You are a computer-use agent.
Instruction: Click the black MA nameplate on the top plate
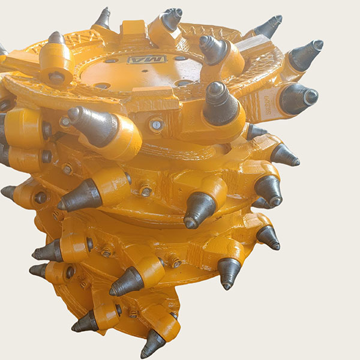[x=147, y=59]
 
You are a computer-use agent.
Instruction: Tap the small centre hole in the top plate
[x=145, y=71]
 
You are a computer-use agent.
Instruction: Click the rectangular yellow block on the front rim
[x=155, y=98]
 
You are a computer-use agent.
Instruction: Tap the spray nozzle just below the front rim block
[x=156, y=125]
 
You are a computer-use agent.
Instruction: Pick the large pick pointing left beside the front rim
[x=92, y=125]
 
